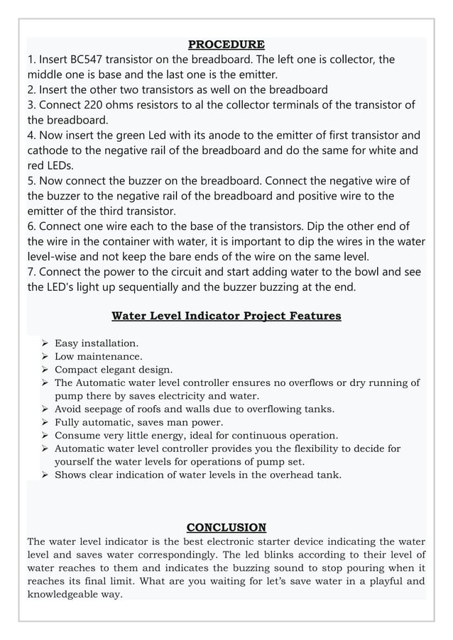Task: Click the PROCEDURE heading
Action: (x=226, y=45)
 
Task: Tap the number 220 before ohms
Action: (x=92, y=105)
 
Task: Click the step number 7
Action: (x=31, y=272)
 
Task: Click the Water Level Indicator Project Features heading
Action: (x=226, y=316)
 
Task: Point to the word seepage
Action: (x=107, y=409)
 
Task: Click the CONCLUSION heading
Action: (x=226, y=527)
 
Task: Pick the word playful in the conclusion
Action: (x=376, y=581)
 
